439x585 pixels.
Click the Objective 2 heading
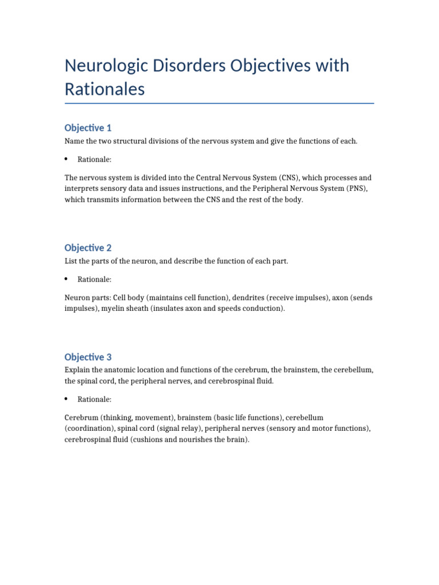click(88, 247)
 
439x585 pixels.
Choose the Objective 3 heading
click(88, 357)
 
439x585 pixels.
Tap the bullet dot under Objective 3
click(66, 399)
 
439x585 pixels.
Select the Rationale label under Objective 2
click(94, 279)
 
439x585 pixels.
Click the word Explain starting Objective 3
click(77, 370)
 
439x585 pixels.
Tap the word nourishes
click(195, 440)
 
